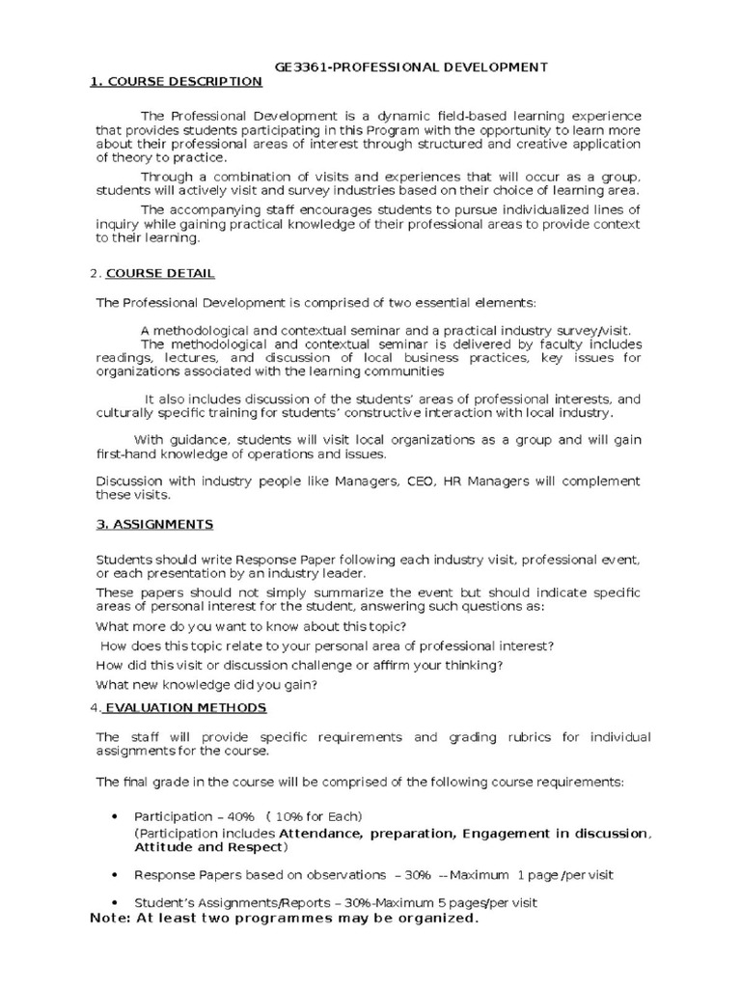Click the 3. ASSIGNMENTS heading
click(154, 524)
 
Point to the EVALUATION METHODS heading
click(185, 707)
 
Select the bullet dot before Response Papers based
click(116, 874)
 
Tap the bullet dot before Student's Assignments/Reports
click(116, 902)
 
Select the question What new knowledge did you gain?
click(206, 684)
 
